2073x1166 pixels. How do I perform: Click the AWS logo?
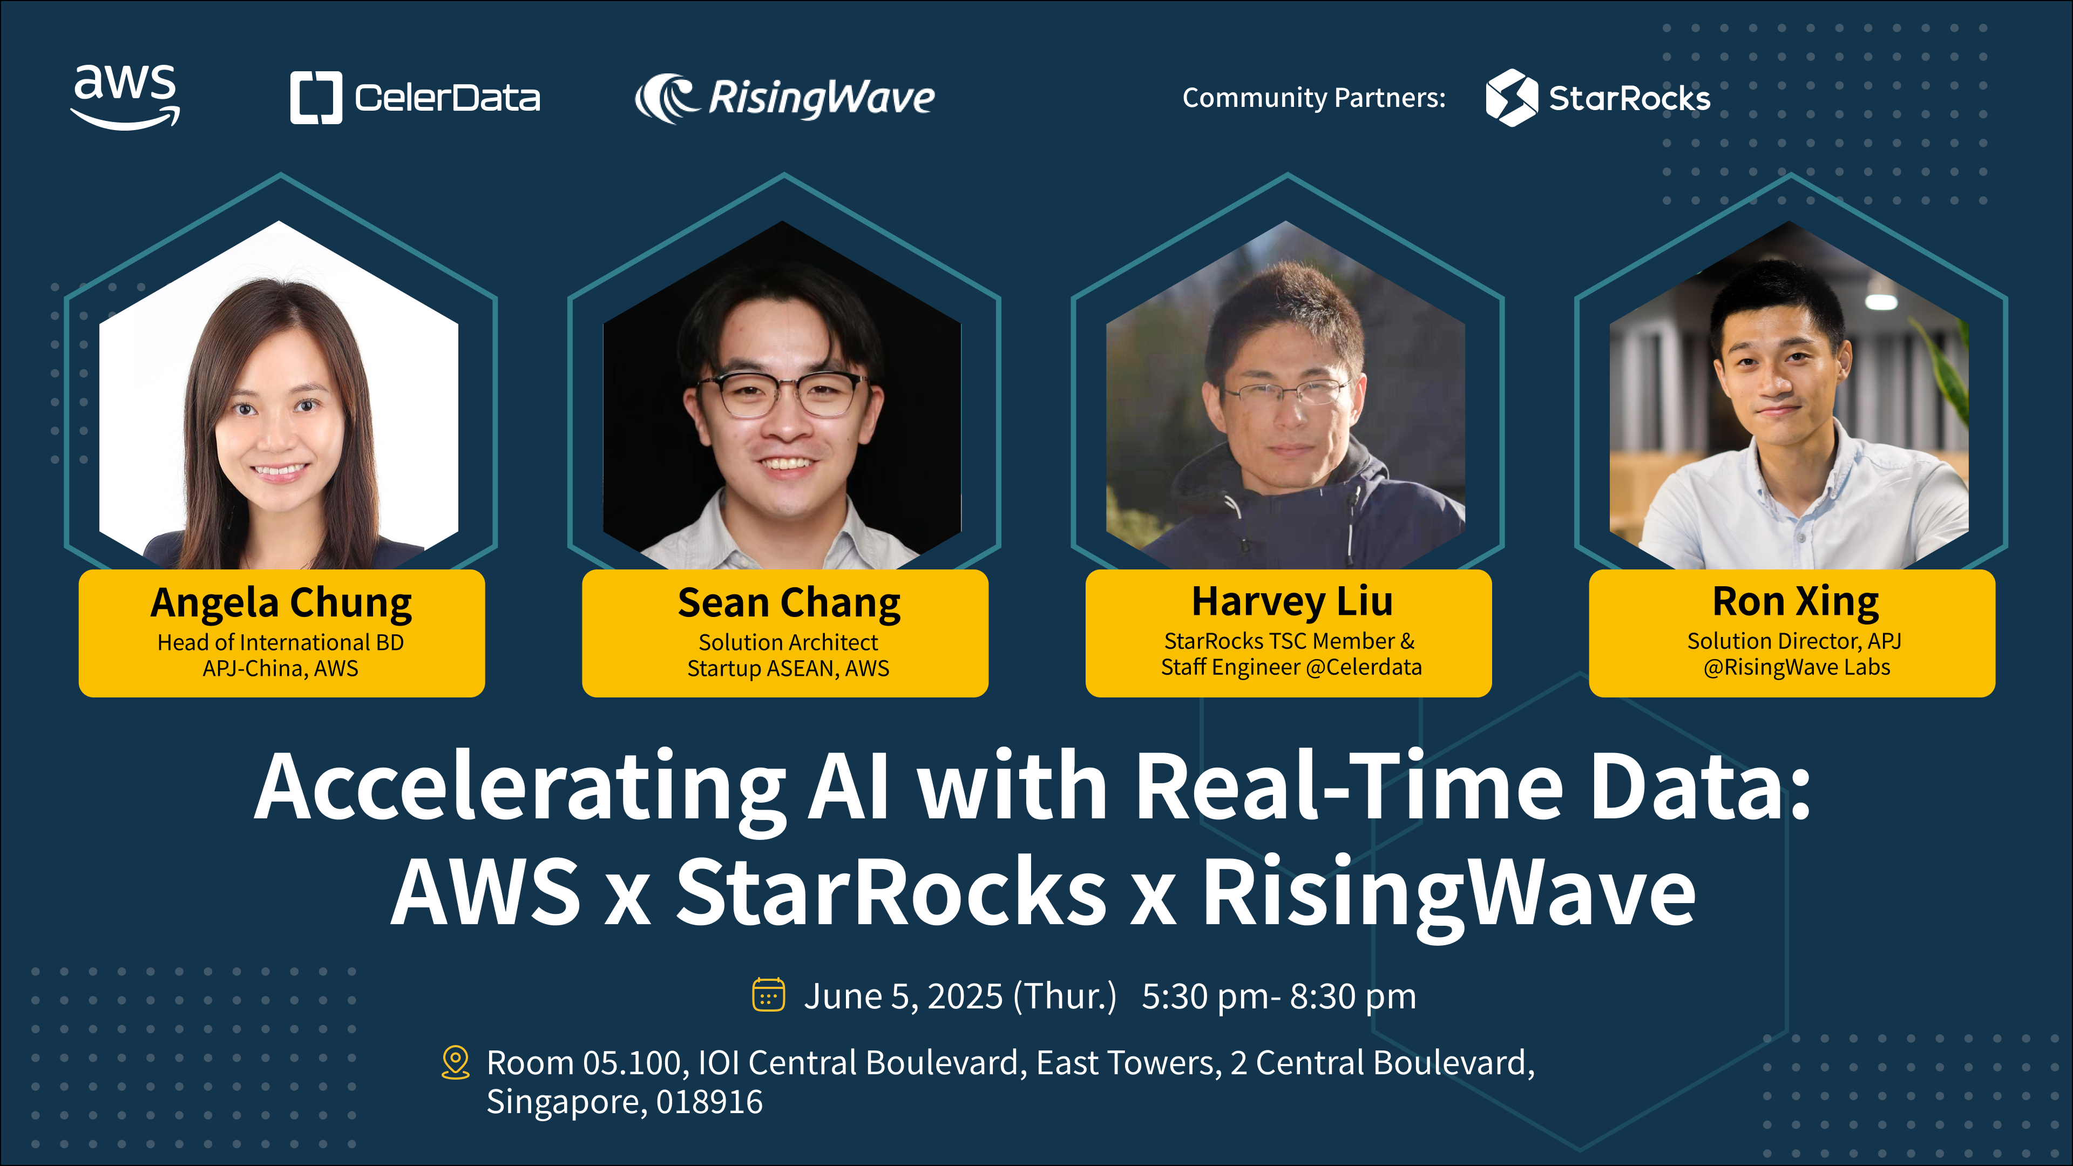point(126,97)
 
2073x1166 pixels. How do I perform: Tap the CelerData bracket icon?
point(316,97)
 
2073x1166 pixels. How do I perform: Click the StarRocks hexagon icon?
point(1512,97)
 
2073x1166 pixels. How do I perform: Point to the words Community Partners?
point(1313,97)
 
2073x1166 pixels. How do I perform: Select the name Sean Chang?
point(789,603)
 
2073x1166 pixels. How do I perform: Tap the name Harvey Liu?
point(1292,601)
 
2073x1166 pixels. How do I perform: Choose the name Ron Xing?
point(1796,601)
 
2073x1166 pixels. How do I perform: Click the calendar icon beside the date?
point(769,994)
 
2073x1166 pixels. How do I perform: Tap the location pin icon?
point(456,1062)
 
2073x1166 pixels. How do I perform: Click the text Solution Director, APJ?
point(1794,641)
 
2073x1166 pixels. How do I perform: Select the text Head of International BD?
point(280,642)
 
